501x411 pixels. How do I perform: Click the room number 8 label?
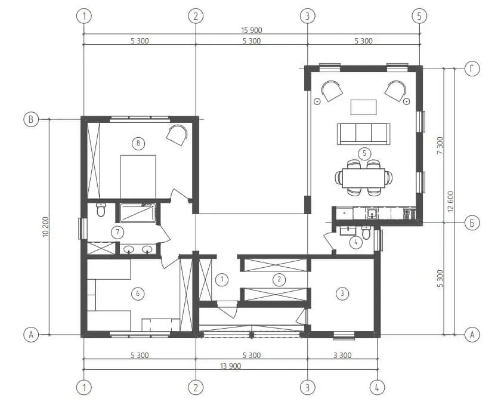pos(138,143)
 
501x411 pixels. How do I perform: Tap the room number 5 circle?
pos(364,153)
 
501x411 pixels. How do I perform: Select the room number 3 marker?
pos(342,293)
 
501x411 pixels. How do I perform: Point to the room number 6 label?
pos(138,293)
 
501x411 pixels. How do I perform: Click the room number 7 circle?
pos(117,232)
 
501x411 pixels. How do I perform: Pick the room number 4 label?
pos(355,242)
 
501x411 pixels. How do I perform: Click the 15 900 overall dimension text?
pos(252,30)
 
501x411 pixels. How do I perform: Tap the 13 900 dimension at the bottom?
pos(230,366)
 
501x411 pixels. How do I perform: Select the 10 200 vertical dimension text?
pos(45,227)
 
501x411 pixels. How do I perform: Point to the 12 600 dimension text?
pos(450,202)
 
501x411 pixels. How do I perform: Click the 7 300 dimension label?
pos(440,146)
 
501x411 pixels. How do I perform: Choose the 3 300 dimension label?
pos(342,355)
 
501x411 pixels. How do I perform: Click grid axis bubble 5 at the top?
pos(419,16)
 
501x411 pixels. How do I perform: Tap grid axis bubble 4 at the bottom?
pos(377,388)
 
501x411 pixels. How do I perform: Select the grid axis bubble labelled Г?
pos(472,69)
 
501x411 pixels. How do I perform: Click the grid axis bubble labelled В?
pos(31,119)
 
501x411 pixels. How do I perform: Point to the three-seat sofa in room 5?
pos(364,134)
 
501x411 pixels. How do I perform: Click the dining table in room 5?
pos(364,178)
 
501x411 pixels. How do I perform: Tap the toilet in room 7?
pos(101,210)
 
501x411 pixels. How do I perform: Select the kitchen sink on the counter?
pos(372,214)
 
